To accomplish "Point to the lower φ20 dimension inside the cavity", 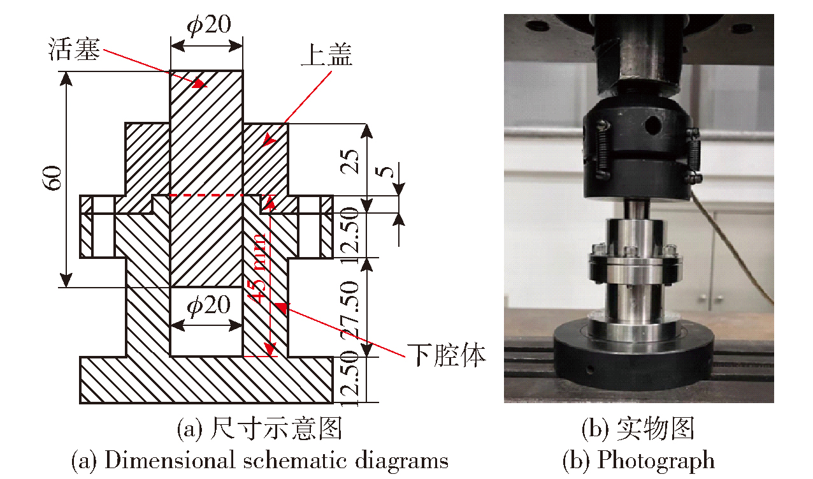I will (208, 305).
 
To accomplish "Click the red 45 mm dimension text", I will (257, 268).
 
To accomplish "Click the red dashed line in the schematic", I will (206, 195).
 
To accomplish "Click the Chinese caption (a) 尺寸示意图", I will (260, 429).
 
